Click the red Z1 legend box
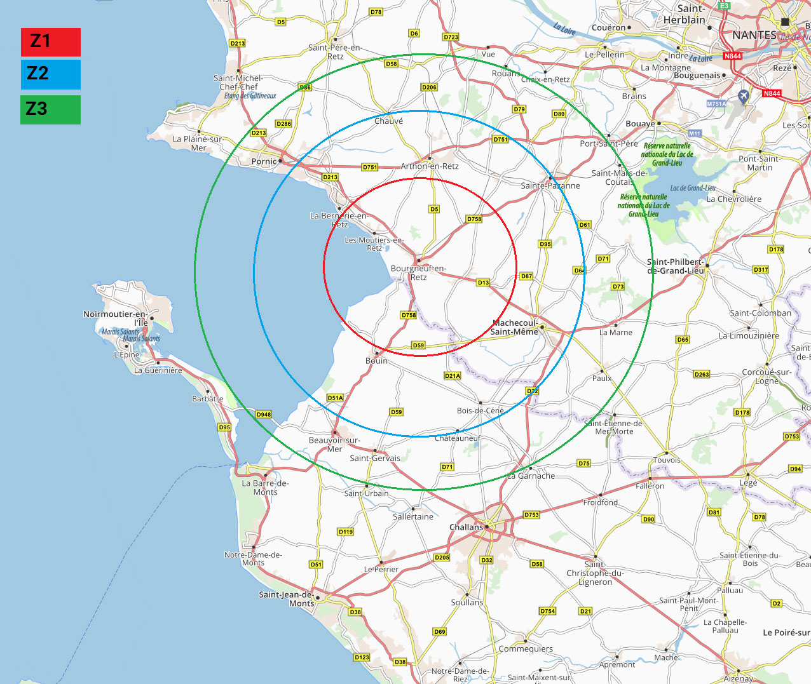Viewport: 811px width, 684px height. (50, 42)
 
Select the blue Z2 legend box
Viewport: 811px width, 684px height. (50, 74)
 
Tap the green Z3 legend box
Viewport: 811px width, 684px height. (50, 109)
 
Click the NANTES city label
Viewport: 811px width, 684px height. (754, 36)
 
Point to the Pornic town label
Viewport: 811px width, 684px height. (264, 161)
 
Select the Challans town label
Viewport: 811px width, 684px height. (466, 527)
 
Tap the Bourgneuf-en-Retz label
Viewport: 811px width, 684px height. (418, 272)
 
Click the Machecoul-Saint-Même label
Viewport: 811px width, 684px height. (514, 327)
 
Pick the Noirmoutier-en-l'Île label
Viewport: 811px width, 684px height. (116, 318)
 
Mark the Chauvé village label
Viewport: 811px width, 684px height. (388, 121)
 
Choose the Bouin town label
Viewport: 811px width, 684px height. (376, 361)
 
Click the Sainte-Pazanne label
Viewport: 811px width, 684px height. (550, 185)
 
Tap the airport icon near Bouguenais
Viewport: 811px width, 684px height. (744, 96)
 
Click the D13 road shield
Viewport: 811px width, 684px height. (483, 283)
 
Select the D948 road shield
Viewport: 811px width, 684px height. (264, 414)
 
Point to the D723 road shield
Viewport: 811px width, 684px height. (451, 37)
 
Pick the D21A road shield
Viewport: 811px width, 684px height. (452, 376)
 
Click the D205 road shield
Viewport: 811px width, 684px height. (442, 558)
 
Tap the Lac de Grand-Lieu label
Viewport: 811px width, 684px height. (693, 188)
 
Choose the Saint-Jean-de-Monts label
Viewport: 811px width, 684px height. (287, 599)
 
